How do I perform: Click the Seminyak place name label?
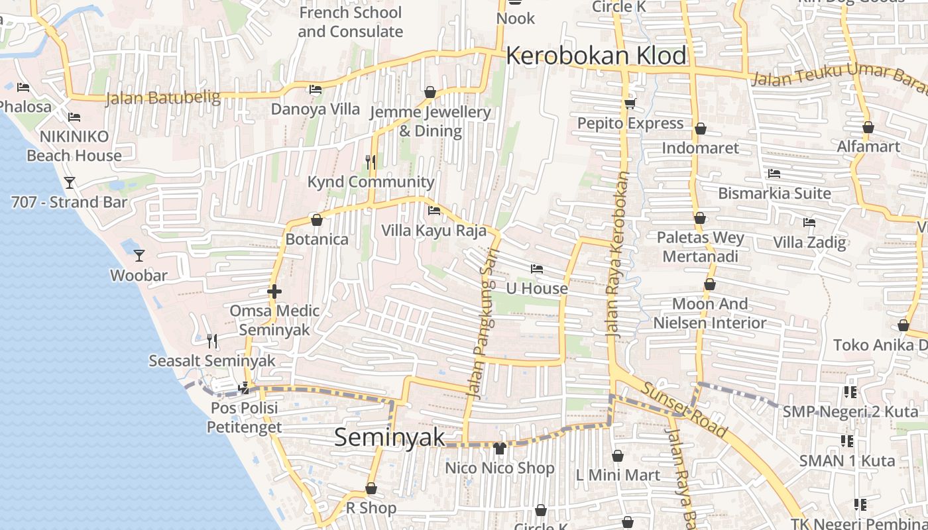(x=389, y=437)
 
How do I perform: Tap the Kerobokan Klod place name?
(x=596, y=56)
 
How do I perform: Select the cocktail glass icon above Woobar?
(x=139, y=255)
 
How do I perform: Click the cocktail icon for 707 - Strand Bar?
(x=69, y=182)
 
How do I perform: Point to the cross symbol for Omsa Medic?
(x=274, y=291)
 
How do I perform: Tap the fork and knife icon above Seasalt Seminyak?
(x=211, y=341)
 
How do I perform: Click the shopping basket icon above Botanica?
(x=316, y=220)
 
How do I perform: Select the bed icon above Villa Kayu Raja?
(x=434, y=211)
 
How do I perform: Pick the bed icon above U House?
(x=537, y=268)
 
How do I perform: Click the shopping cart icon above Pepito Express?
(x=630, y=103)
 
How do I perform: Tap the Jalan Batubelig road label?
(x=163, y=98)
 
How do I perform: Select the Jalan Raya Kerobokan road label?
(x=616, y=255)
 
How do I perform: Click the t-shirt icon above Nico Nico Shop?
(x=500, y=449)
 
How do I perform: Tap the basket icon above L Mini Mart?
(x=617, y=456)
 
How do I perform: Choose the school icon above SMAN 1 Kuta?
(x=846, y=441)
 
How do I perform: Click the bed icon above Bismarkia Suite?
(x=774, y=174)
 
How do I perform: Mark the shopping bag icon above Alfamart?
(x=868, y=127)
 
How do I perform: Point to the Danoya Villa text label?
(x=316, y=109)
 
